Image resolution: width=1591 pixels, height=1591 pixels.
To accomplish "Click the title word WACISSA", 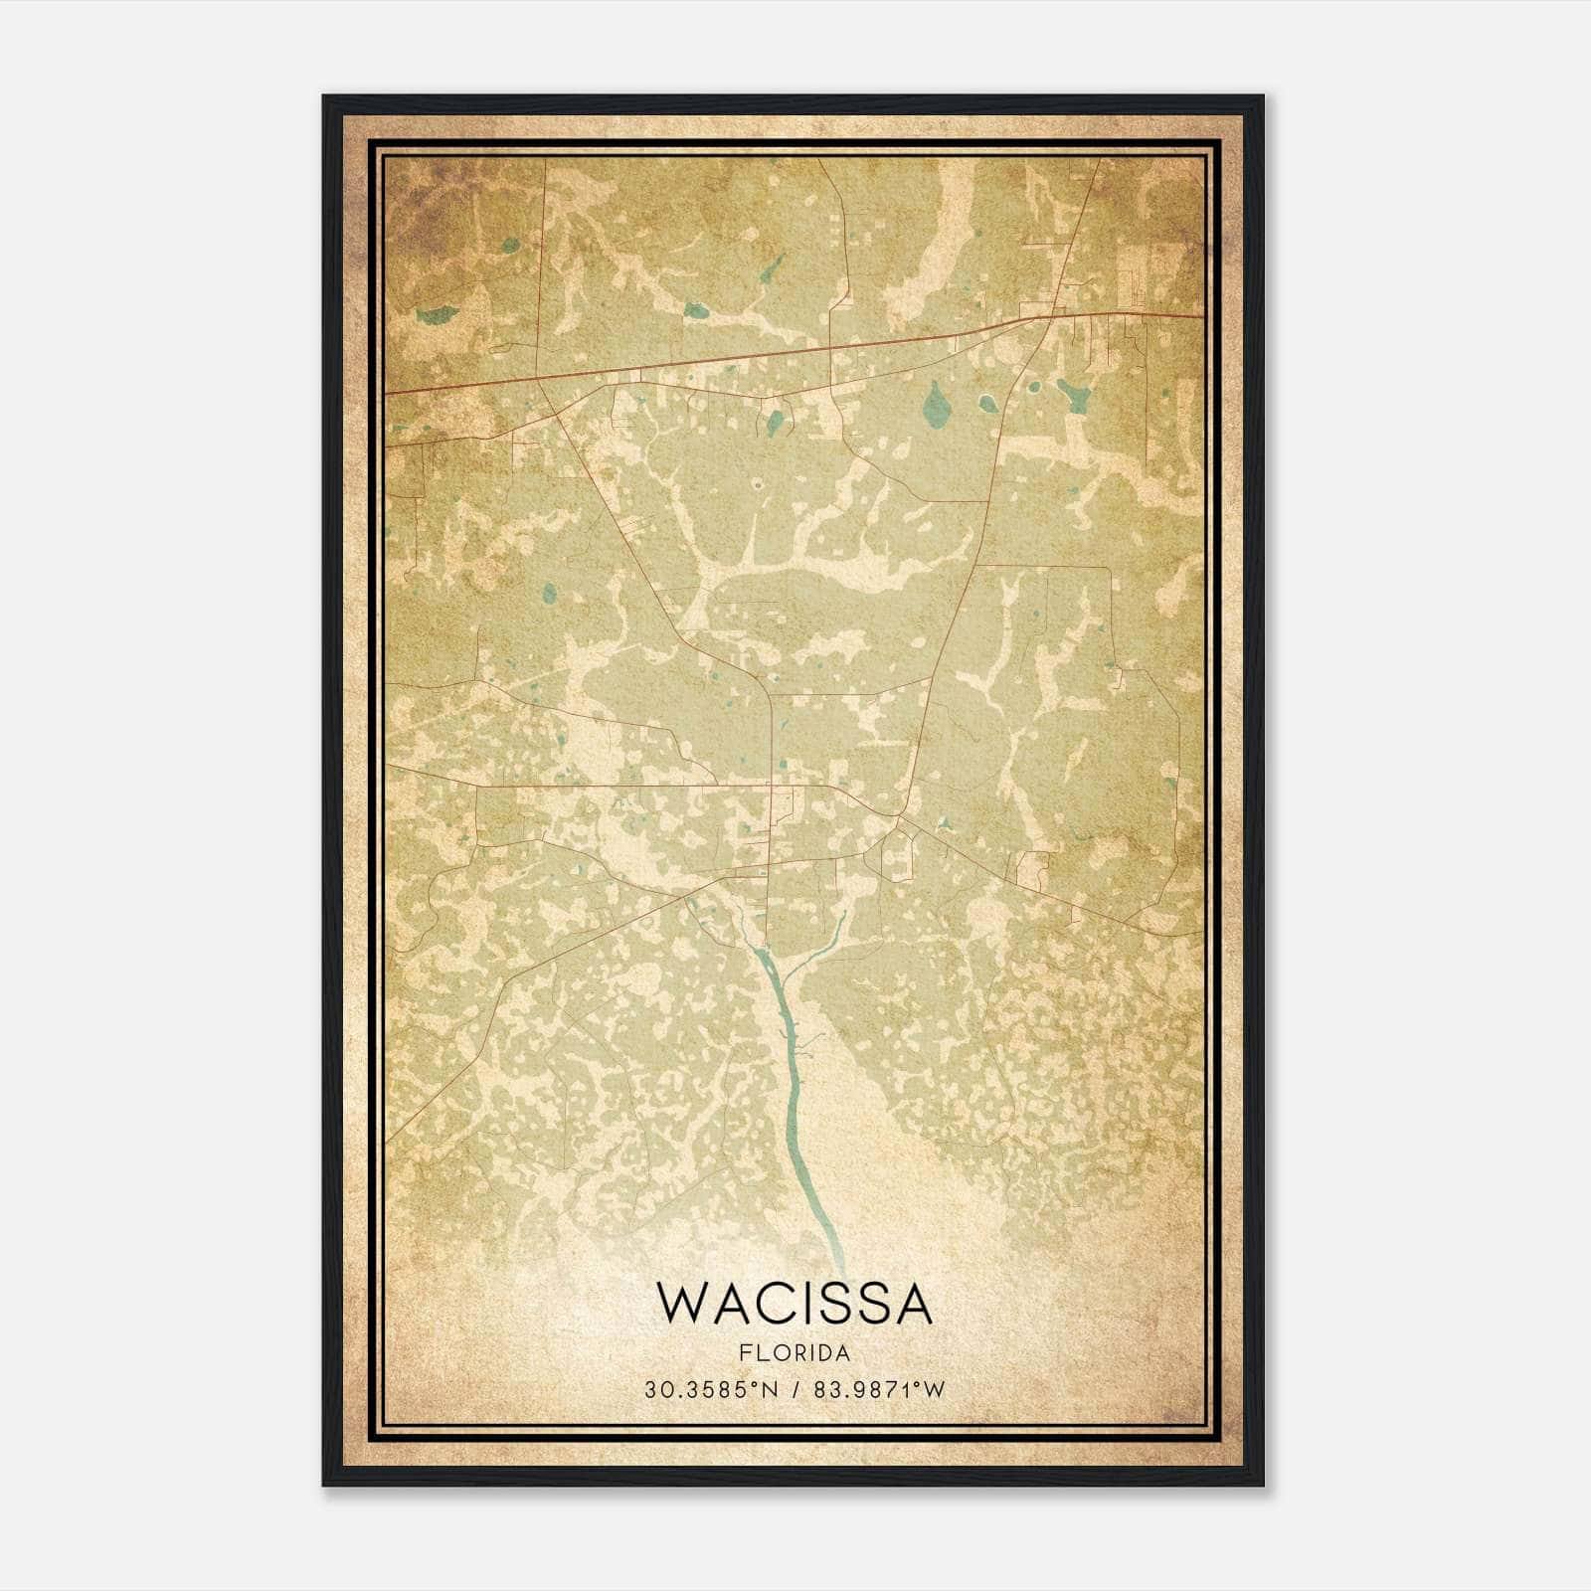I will coord(795,1304).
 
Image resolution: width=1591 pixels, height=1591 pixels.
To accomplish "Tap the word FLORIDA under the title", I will coord(795,1353).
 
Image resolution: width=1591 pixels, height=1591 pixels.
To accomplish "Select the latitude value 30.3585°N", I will coord(709,1390).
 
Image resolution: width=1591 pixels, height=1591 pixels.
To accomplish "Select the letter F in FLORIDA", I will coord(744,1353).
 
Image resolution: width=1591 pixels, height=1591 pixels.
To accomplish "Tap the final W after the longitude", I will coord(935,1390).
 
